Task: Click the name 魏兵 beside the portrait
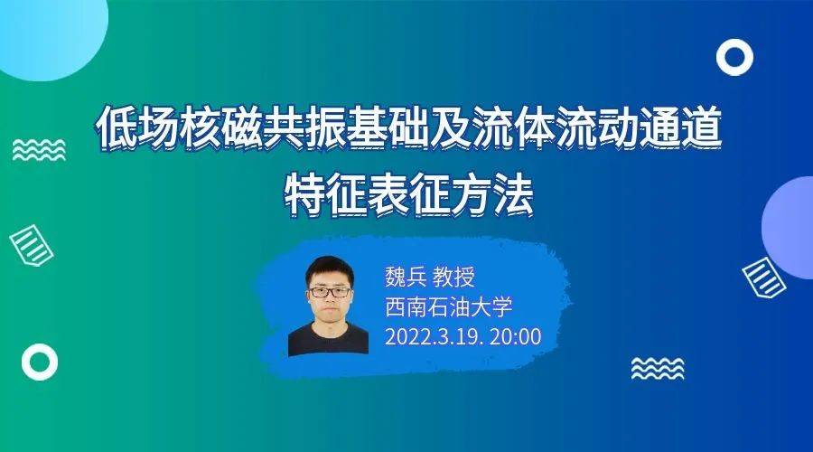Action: (406, 277)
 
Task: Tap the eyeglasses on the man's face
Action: (329, 292)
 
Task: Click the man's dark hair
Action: (329, 267)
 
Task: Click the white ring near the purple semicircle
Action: (734, 58)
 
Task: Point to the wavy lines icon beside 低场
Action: (39, 149)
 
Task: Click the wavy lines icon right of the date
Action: (657, 368)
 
